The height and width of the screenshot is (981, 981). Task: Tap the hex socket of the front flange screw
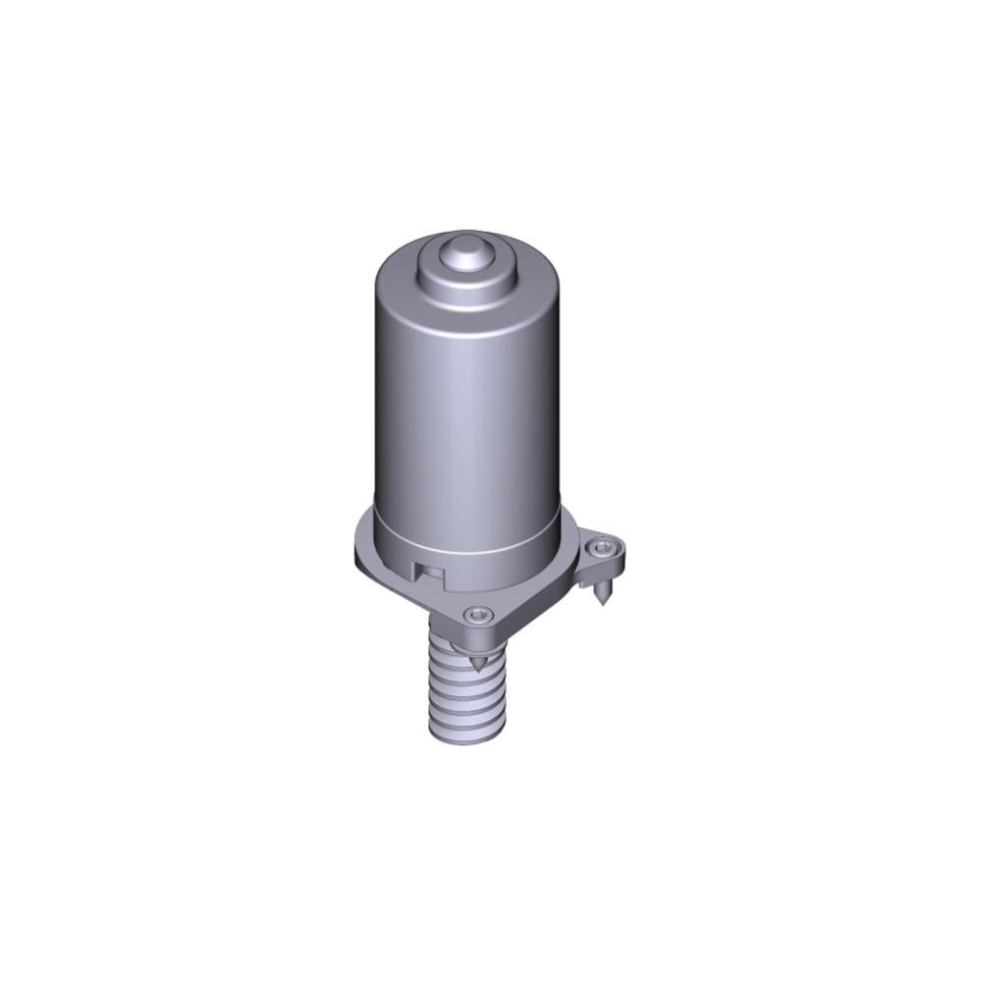(478, 615)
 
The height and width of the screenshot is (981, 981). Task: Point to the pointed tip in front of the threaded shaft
(479, 667)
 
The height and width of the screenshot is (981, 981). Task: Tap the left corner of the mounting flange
(359, 555)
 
